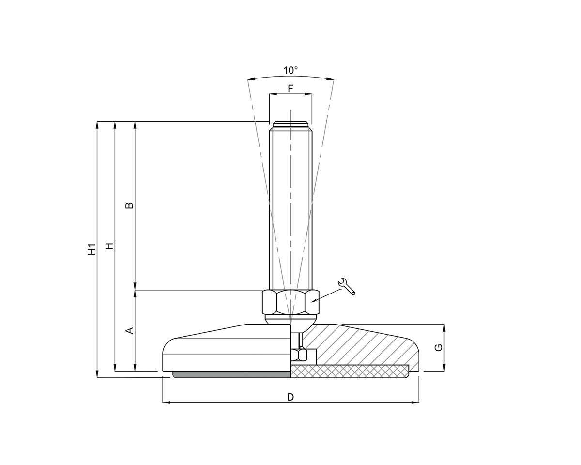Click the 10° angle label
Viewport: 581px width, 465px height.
click(x=290, y=70)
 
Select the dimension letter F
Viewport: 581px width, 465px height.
click(x=290, y=89)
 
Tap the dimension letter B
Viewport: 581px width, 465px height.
click(x=129, y=205)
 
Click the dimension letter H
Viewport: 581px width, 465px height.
click(x=110, y=246)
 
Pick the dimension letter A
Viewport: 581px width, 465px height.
click(x=129, y=330)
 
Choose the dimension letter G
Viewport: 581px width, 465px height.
click(x=438, y=347)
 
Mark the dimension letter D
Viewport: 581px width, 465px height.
click(x=290, y=397)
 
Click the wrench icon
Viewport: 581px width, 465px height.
click(x=347, y=286)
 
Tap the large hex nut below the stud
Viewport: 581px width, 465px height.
click(x=290, y=302)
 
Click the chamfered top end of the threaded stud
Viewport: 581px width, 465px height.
click(x=290, y=124)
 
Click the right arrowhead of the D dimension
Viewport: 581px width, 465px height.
click(x=416, y=403)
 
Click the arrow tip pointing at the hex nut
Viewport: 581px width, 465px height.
click(x=312, y=302)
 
